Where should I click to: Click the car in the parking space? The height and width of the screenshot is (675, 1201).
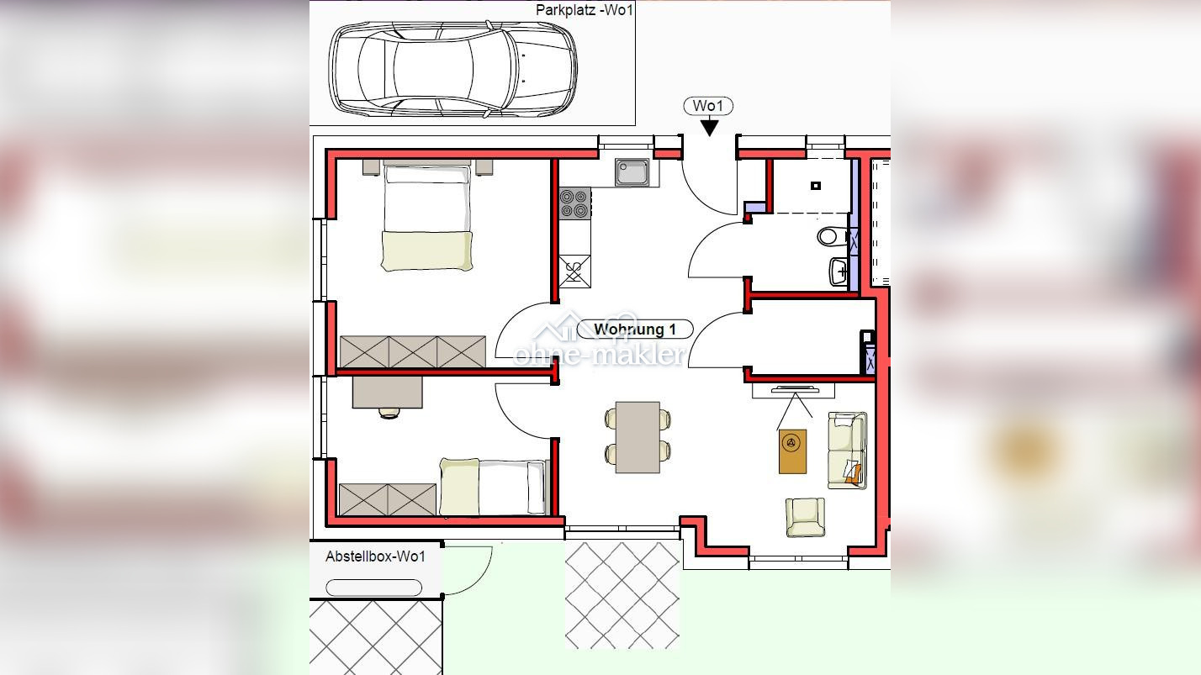[452, 69]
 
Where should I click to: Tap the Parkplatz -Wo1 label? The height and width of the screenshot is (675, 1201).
[585, 9]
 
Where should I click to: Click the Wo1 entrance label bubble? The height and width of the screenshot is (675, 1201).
[708, 106]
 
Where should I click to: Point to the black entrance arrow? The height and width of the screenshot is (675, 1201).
[709, 128]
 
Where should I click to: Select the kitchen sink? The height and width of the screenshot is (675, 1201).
[632, 172]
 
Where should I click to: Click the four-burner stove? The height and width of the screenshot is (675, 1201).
[574, 203]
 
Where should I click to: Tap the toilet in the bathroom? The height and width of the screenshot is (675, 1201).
[832, 236]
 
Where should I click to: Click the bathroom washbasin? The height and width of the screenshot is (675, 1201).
[839, 272]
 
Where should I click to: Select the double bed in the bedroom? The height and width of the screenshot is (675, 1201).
[427, 215]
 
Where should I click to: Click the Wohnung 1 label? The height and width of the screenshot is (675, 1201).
[635, 330]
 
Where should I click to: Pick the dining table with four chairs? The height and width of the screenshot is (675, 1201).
[638, 437]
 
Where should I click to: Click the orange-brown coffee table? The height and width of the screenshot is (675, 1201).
[792, 451]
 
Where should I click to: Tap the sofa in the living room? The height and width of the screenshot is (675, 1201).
[847, 450]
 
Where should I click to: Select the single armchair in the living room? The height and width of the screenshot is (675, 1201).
[806, 517]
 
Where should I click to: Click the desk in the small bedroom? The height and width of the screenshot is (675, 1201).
[387, 393]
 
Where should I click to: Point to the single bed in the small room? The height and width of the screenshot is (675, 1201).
[493, 487]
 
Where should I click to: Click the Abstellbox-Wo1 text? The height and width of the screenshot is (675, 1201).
[375, 556]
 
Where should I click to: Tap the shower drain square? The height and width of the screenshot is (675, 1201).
[816, 186]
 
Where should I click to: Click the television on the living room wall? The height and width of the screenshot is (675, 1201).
[795, 389]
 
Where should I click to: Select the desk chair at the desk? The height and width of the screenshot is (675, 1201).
[389, 413]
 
